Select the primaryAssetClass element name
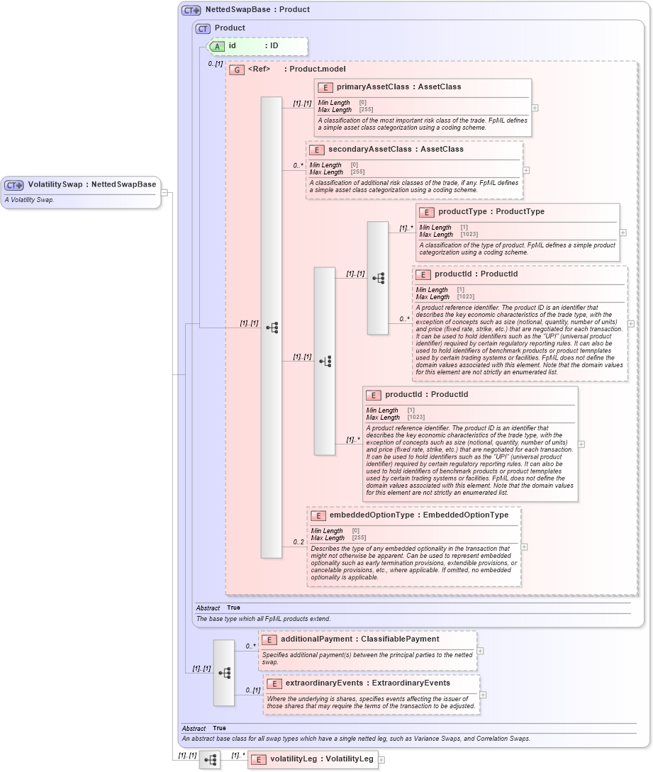(x=372, y=87)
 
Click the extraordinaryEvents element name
(x=335, y=683)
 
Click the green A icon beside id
(x=218, y=46)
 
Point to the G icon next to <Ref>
(x=238, y=70)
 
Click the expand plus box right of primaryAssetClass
(x=535, y=108)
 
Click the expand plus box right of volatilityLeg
(x=381, y=759)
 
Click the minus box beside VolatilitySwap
(x=164, y=192)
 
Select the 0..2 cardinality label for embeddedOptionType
(x=298, y=542)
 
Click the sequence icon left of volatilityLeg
(x=210, y=760)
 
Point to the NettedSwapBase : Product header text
(x=257, y=10)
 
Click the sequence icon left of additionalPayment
(x=224, y=673)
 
